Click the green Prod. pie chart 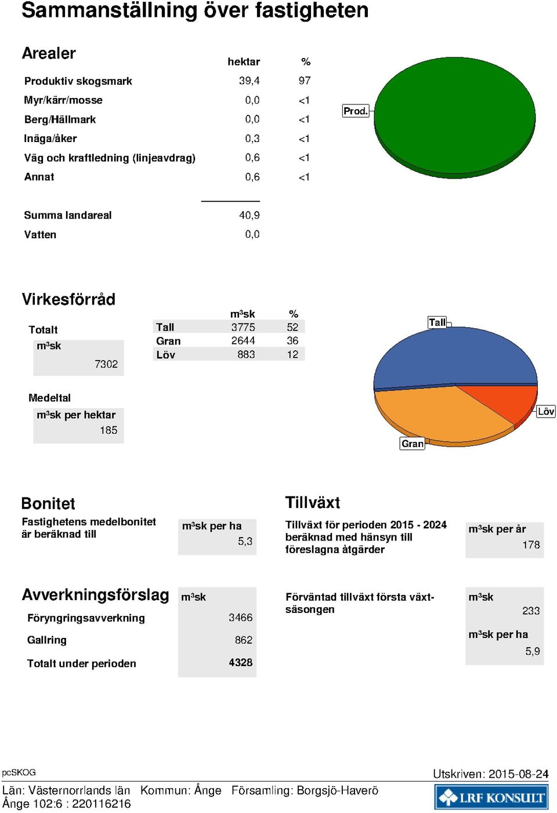[455, 118]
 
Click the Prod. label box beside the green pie [356, 111]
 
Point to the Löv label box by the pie [546, 411]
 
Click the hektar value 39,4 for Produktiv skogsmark [249, 81]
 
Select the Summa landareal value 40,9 [249, 215]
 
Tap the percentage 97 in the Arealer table [305, 81]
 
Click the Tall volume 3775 [243, 327]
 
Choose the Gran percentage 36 [292, 340]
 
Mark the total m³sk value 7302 [106, 364]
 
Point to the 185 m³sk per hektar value [108, 430]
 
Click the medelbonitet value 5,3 [245, 542]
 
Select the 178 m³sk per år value [531, 545]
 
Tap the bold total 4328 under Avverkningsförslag [240, 662]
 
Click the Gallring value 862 [243, 640]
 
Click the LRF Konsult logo [491, 796]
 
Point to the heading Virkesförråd [68, 299]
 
